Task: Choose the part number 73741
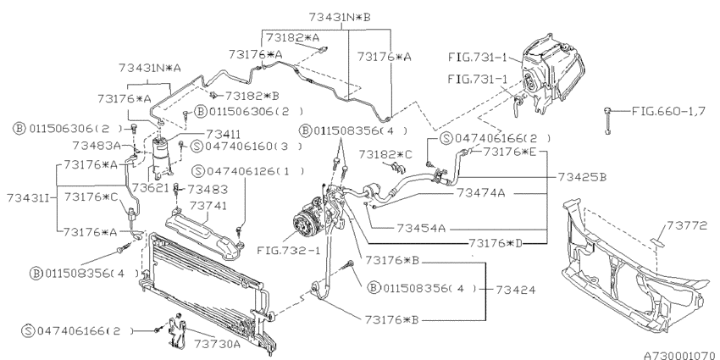tap(208, 206)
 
